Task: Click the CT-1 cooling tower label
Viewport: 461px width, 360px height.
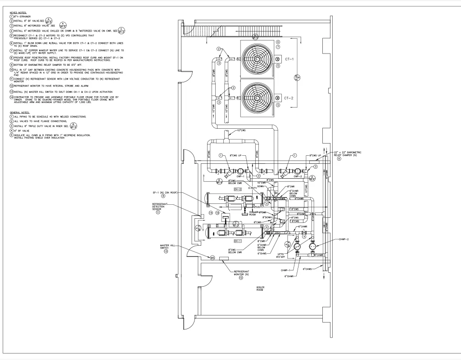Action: pyautogui.click(x=289, y=58)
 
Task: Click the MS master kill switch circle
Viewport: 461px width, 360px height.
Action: pyautogui.click(x=212, y=257)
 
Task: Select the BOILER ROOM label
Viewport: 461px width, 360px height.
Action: pyautogui.click(x=261, y=288)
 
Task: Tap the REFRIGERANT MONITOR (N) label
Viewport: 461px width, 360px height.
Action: pyautogui.click(x=241, y=274)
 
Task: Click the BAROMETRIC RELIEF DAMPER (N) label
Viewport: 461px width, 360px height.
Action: pyautogui.click(x=349, y=154)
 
